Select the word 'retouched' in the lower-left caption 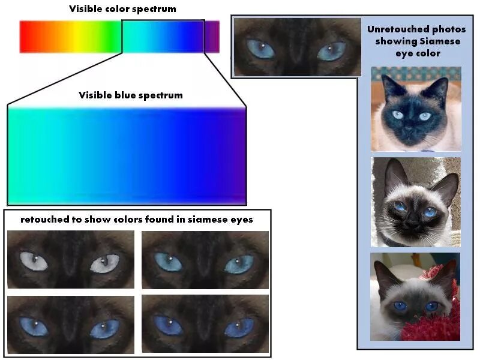click(47, 220)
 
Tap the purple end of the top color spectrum click(212, 37)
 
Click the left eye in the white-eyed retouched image click(34, 260)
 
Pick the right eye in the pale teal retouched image click(239, 264)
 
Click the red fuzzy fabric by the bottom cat click(444, 318)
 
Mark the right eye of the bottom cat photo click(431, 307)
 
